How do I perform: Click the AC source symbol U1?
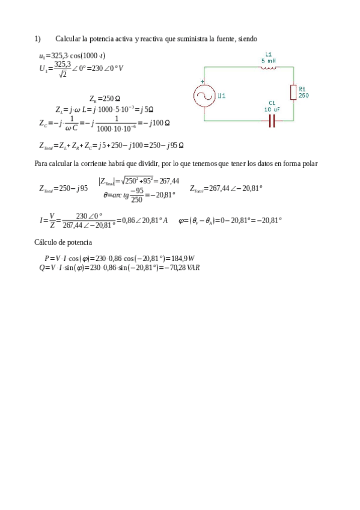tap(204, 96)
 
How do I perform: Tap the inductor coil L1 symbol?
tap(269, 67)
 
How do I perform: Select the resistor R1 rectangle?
tap(293, 92)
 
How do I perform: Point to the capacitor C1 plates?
tap(272, 121)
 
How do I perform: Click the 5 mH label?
tap(269, 61)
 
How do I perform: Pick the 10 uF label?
tap(272, 109)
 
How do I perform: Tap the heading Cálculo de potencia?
tap(63, 242)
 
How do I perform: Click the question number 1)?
tap(37, 38)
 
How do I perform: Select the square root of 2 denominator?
tap(63, 74)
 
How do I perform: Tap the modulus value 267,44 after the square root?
tap(169, 180)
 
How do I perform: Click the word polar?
tap(310, 164)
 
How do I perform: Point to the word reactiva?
tap(149, 38)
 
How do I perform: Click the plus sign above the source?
tap(203, 81)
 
